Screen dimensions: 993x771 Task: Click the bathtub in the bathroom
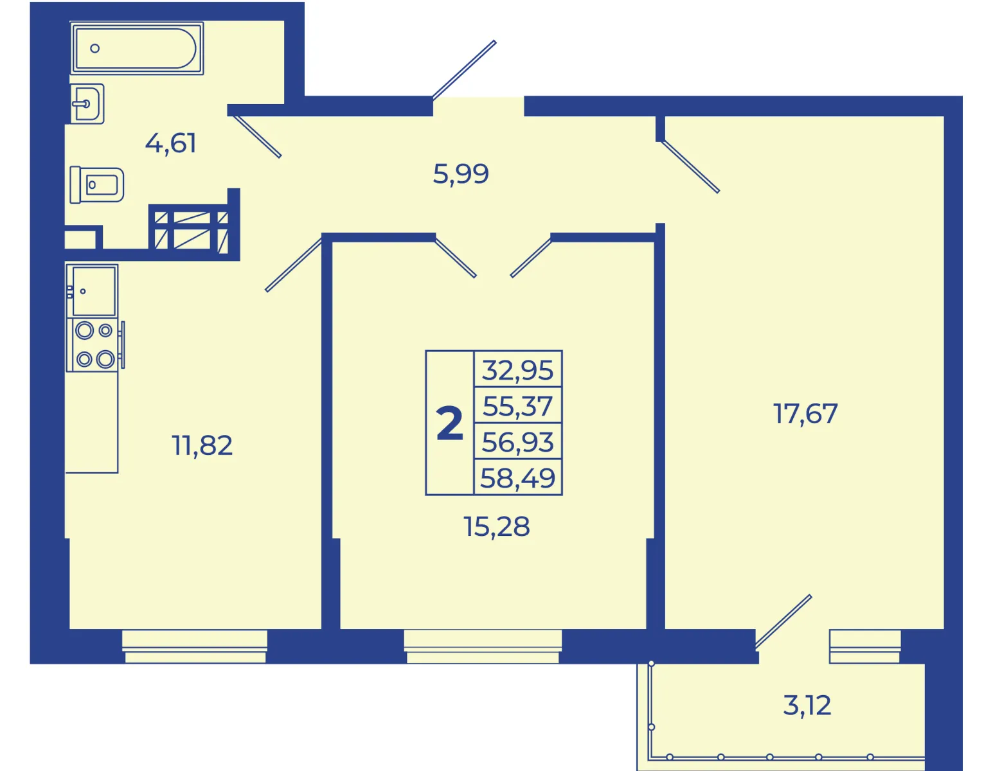click(x=137, y=48)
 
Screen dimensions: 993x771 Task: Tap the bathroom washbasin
click(x=87, y=103)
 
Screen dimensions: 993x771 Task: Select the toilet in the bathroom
click(x=97, y=184)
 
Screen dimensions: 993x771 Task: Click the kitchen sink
click(x=92, y=291)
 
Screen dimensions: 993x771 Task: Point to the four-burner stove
click(x=95, y=344)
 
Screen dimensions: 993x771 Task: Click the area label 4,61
click(x=170, y=143)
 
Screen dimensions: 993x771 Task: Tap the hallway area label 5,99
click(x=461, y=174)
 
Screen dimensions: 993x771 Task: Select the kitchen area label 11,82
click(x=202, y=445)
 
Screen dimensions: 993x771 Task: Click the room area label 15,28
click(x=496, y=526)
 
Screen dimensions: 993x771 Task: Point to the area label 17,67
click(x=805, y=414)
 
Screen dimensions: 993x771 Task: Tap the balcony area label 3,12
click(x=807, y=705)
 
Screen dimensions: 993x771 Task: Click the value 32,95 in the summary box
click(x=518, y=371)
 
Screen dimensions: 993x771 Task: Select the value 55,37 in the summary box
click(x=518, y=406)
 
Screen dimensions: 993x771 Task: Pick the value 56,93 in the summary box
click(x=518, y=442)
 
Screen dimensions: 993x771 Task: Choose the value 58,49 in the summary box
click(x=518, y=478)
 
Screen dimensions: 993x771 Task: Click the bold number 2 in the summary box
click(x=450, y=423)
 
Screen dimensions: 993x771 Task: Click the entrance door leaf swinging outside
click(x=464, y=70)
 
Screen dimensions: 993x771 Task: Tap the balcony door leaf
click(x=783, y=622)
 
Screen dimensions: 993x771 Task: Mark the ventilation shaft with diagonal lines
click(x=191, y=230)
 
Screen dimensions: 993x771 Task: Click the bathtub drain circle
click(x=95, y=48)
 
